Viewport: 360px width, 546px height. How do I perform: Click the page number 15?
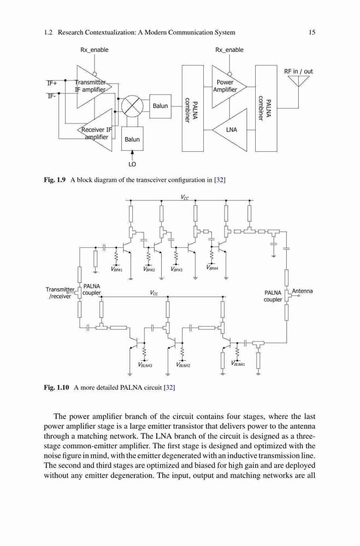pos(312,32)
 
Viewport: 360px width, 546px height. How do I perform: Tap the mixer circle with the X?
pos(132,105)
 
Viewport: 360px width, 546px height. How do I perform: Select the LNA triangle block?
pos(229,130)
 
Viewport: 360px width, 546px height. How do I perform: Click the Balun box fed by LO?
pos(132,139)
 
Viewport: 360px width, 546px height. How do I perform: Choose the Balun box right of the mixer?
pos(160,106)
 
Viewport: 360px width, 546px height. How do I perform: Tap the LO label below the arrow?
pos(132,164)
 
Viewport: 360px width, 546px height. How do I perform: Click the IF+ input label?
pos(52,83)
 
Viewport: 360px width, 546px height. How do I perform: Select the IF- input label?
pos(51,96)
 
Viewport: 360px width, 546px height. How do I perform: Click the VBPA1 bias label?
pos(117,269)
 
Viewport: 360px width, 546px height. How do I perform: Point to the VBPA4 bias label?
pos(212,268)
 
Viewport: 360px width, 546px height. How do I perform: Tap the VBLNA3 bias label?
pos(145,365)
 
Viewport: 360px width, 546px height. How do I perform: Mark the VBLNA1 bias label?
pos(238,364)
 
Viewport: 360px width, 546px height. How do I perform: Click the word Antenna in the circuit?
pos(302,291)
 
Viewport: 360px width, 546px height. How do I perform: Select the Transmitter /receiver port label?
pos(60,293)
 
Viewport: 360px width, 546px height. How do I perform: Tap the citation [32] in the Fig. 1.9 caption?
pos(220,180)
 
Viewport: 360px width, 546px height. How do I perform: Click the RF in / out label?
pos(298,72)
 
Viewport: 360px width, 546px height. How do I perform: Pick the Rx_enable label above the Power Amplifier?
pos(229,50)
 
